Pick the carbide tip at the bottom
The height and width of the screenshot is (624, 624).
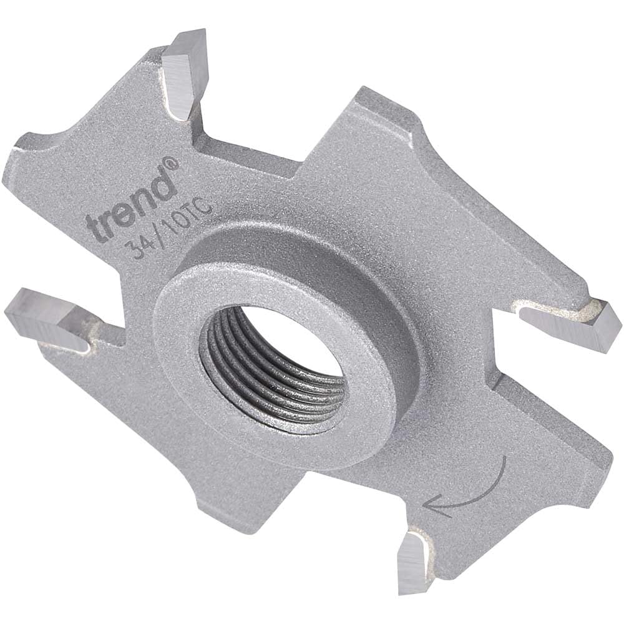[413, 562]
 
